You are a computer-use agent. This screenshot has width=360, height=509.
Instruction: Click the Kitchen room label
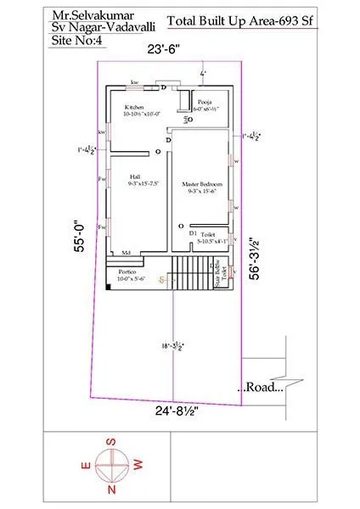pyautogui.click(x=134, y=108)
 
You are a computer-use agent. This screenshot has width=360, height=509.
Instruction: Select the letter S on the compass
pyautogui.click(x=109, y=442)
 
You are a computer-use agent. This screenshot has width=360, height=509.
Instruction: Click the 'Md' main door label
pyautogui.click(x=125, y=253)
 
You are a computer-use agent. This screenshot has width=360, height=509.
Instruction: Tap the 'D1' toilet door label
pyautogui.click(x=193, y=232)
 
